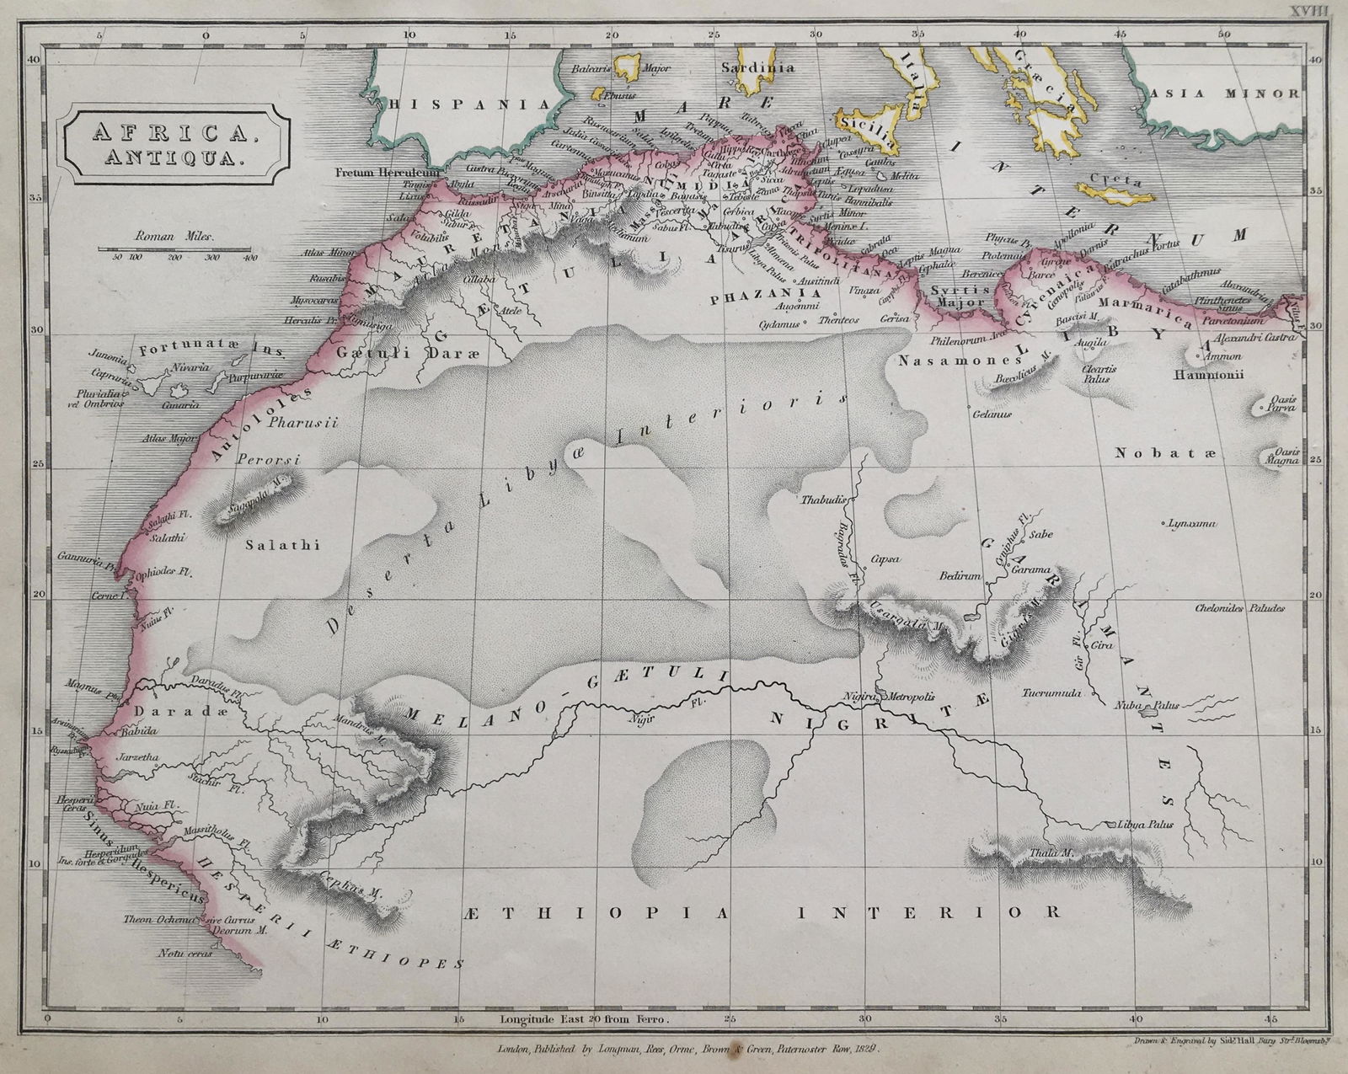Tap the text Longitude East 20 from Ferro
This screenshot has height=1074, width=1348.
[584, 1018]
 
